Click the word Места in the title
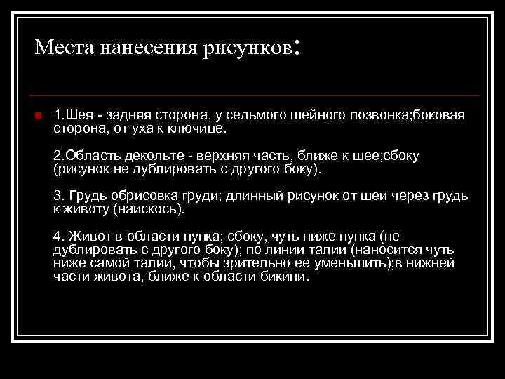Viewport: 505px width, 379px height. tap(65, 48)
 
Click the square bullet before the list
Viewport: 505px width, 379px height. tap(38, 115)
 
